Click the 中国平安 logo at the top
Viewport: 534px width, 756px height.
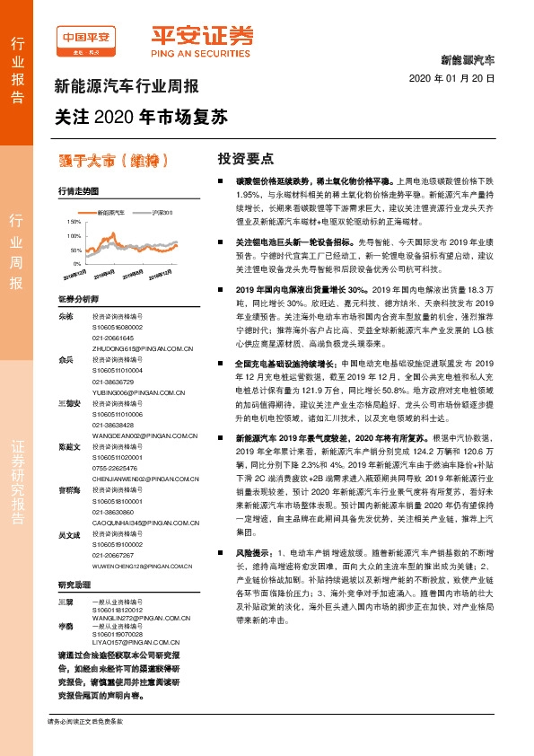85,37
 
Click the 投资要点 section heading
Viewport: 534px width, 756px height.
245,158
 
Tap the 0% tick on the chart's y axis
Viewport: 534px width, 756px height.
76,251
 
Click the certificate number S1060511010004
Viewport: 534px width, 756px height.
118,368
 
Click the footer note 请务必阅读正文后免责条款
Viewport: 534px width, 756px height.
85,721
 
